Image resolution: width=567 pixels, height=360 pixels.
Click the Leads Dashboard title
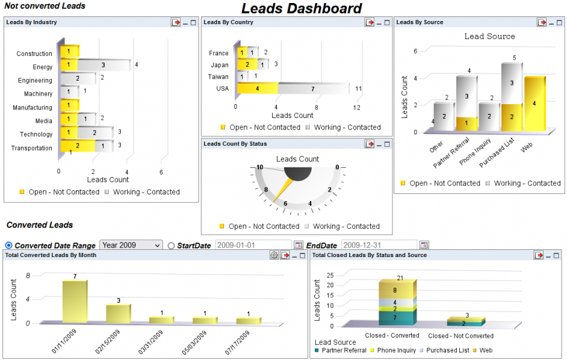[302, 8]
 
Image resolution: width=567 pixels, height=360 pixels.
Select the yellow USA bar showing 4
[257, 88]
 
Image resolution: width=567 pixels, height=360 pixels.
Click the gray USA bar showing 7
[312, 88]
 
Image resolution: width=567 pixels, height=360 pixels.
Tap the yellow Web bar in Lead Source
[534, 104]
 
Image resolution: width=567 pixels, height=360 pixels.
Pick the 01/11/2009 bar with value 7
[75, 301]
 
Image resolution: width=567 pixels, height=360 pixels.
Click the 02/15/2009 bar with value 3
[118, 313]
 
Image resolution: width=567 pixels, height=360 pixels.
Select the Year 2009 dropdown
[131, 245]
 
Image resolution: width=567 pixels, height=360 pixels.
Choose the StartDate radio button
[171, 246]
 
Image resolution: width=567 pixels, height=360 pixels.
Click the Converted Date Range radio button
[8, 246]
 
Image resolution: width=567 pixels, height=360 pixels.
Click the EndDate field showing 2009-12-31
[379, 245]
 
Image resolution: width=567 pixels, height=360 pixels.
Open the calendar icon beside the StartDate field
[297, 245]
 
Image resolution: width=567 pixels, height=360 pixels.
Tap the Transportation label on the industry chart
[31, 148]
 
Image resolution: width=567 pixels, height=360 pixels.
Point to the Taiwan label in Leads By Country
[218, 77]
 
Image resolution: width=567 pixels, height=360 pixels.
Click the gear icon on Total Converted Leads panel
[274, 255]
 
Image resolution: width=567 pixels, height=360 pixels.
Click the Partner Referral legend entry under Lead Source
[341, 350]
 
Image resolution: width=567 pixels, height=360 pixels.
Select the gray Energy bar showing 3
[104, 65]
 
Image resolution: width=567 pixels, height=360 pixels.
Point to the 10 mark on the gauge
[260, 167]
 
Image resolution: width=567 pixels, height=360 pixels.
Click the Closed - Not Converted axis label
[460, 336]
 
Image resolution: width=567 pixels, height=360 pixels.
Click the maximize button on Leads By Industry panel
[193, 22]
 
